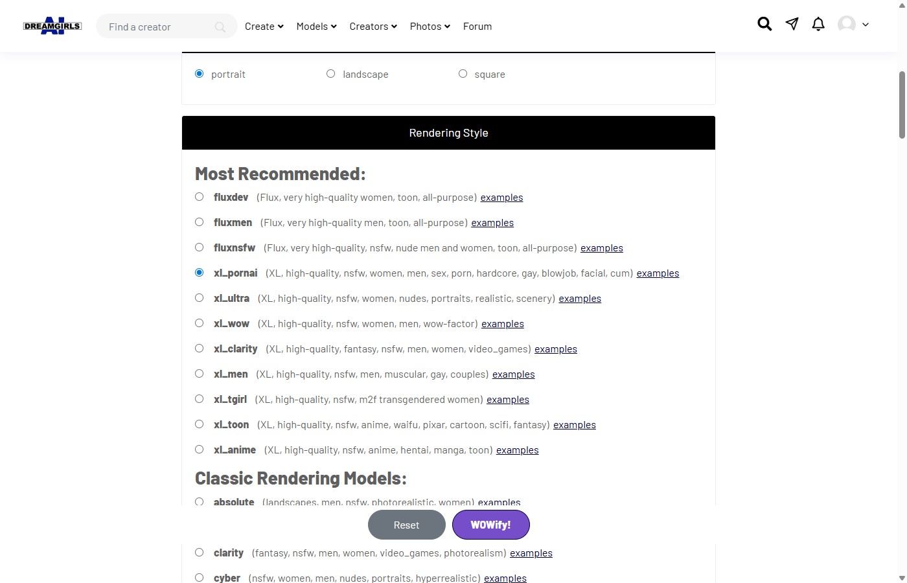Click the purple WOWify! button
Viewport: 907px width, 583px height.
point(490,525)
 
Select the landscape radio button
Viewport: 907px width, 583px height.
point(331,74)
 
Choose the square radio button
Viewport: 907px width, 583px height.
point(463,74)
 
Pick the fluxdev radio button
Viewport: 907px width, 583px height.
point(200,197)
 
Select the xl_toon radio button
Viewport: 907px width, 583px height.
point(200,424)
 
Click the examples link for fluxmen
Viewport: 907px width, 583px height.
point(492,223)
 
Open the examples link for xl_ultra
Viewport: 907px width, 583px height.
point(580,299)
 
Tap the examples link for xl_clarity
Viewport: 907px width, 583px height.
point(555,349)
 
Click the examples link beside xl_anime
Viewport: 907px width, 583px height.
point(517,450)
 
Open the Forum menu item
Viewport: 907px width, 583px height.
point(477,27)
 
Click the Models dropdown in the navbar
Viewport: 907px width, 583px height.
point(316,27)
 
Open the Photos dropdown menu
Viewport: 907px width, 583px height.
point(430,27)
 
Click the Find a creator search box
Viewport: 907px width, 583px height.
point(159,27)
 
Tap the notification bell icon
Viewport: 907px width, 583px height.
point(818,25)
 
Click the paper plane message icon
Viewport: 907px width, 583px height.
point(792,24)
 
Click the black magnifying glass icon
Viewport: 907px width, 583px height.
point(764,24)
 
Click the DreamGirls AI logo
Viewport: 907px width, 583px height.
point(52,26)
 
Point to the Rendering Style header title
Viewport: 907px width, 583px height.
point(448,133)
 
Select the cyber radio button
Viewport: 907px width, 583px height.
point(200,578)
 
